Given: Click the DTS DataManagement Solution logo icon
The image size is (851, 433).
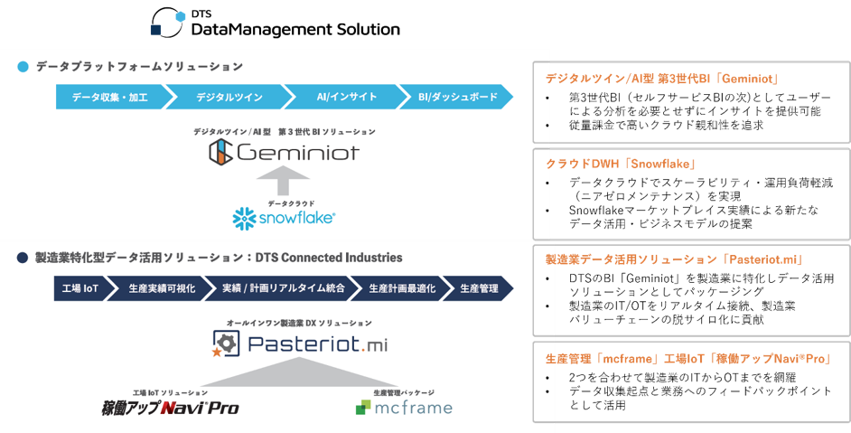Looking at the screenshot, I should tap(169, 22).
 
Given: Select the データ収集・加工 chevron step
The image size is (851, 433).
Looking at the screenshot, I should tap(109, 96).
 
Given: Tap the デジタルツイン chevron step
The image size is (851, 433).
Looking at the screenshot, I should tap(225, 96).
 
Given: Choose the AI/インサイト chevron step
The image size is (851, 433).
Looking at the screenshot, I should tap(341, 96).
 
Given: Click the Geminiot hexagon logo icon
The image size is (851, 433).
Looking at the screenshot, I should tap(221, 152).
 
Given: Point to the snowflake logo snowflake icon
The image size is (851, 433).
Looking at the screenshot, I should tap(245, 218).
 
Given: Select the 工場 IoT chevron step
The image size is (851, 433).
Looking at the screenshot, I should tap(79, 288).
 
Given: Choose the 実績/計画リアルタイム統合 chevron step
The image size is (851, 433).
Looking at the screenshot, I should tap(284, 288).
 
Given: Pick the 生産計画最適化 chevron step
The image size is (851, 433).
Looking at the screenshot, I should tap(402, 288).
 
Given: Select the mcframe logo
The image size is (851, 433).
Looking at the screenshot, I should tap(403, 408).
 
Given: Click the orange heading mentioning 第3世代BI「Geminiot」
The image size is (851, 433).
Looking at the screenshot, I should tap(662, 78).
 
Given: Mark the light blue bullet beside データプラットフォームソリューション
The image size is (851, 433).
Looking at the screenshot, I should tap(23, 67).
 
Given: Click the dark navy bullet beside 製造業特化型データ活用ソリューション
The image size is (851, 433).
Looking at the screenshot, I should tap(23, 259).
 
